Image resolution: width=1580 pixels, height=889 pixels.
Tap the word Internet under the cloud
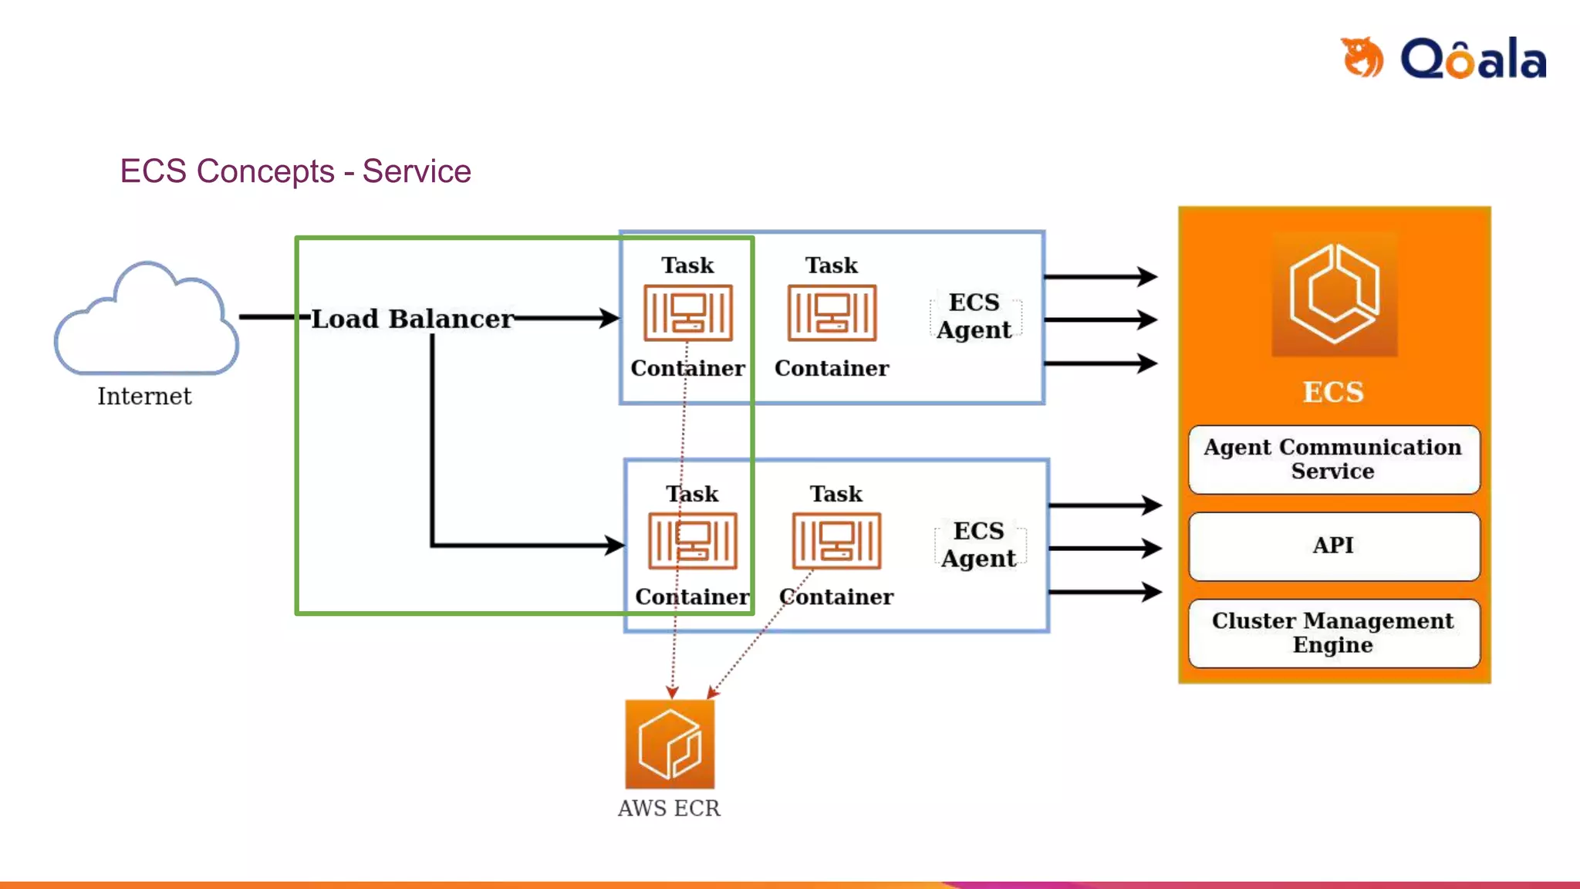pyautogui.click(x=144, y=397)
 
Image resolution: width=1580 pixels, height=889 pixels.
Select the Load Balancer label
pyautogui.click(x=412, y=319)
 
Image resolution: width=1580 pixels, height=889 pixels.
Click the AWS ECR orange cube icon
pyautogui.click(x=670, y=744)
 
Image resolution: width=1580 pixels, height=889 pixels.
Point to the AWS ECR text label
pyautogui.click(x=669, y=808)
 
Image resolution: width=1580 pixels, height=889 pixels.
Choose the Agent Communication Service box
pyautogui.click(x=1334, y=459)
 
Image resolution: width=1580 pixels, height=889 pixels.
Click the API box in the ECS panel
pyautogui.click(x=1334, y=546)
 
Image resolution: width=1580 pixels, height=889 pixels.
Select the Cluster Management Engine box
pyautogui.click(x=1334, y=633)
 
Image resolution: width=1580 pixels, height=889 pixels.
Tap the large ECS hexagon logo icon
pyautogui.click(x=1334, y=294)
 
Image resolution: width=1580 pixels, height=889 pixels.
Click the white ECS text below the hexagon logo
pyautogui.click(x=1333, y=392)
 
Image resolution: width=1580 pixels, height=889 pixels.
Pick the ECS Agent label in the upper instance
pyautogui.click(x=974, y=316)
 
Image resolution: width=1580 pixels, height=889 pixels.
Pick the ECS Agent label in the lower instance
pyautogui.click(x=979, y=545)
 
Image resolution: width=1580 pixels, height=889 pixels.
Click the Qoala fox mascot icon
pyautogui.click(x=1362, y=57)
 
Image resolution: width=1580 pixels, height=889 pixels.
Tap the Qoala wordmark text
pyautogui.click(x=1474, y=59)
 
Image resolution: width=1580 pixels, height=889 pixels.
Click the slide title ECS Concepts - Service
pyautogui.click(x=295, y=171)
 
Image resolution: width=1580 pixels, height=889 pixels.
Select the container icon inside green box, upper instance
pyautogui.click(x=688, y=313)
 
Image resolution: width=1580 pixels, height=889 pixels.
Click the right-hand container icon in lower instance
pyautogui.click(x=836, y=541)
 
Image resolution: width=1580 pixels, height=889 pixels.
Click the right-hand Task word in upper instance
pyautogui.click(x=832, y=265)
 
